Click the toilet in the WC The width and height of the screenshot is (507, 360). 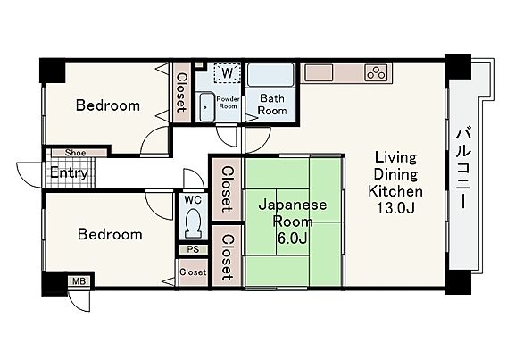coord(193,223)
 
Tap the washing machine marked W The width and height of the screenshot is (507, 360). coord(228,72)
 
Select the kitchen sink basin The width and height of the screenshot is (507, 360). coord(319,72)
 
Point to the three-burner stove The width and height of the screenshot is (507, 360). coord(376,72)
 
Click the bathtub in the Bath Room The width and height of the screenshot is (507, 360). coord(270,75)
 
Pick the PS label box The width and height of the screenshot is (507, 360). coord(193,250)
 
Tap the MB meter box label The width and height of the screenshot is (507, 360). coord(79,281)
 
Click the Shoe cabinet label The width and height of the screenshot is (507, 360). coord(75,153)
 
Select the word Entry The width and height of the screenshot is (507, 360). coord(69,173)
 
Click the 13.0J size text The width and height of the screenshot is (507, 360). coord(395,208)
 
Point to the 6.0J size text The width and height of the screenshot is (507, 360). coord(292,239)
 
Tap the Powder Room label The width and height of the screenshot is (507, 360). coord(228,103)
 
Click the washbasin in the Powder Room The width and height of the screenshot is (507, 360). coord(205,107)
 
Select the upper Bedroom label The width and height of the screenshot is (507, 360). coord(108,105)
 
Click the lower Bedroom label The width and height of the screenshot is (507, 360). coord(110,235)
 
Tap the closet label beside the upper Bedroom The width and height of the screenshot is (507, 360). coord(182,93)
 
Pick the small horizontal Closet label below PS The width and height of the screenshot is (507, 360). coord(193,272)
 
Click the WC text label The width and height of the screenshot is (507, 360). coord(193,200)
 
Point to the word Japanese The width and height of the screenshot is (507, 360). coord(293,205)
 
